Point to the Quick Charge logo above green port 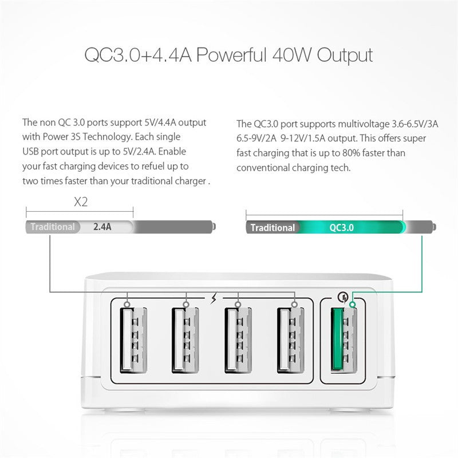click(x=342, y=297)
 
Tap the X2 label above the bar click(x=81, y=202)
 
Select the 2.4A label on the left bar click(x=102, y=227)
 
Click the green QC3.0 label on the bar click(x=342, y=227)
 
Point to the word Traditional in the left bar click(x=53, y=227)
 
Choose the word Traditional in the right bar click(x=273, y=227)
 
